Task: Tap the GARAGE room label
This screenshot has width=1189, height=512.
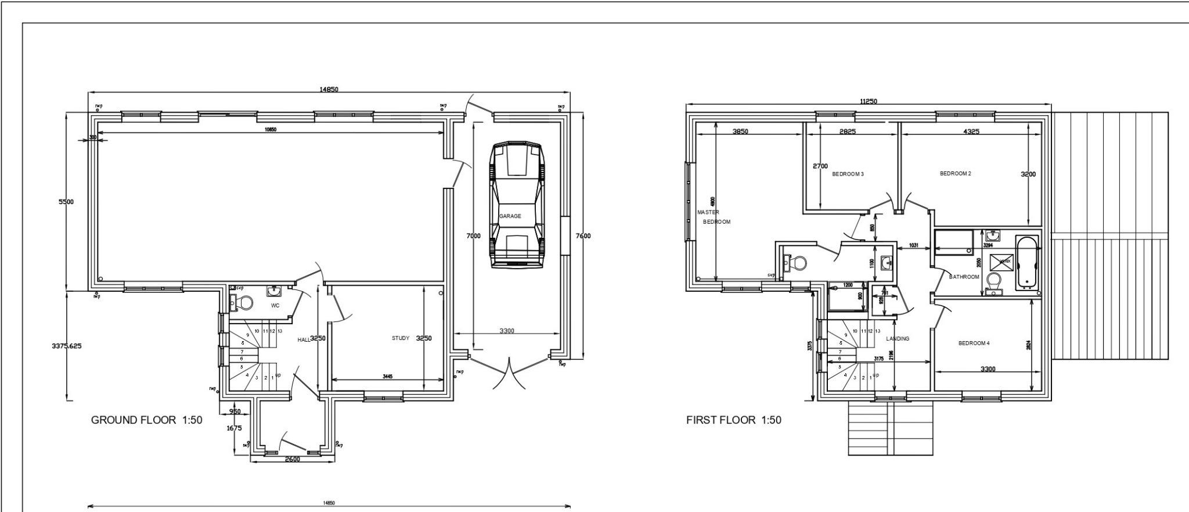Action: [x=510, y=216]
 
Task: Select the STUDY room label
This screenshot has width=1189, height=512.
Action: [x=401, y=338]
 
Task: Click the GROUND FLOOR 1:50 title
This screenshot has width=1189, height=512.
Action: [x=147, y=420]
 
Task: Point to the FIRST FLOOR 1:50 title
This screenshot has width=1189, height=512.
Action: [x=734, y=420]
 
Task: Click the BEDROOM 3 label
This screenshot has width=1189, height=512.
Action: [x=848, y=174]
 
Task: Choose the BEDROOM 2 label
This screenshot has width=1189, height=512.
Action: [x=955, y=174]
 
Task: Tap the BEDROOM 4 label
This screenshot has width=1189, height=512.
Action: [x=974, y=343]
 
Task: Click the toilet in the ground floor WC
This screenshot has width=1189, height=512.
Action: [x=242, y=302]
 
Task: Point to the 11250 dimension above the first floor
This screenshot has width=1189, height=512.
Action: [x=869, y=101]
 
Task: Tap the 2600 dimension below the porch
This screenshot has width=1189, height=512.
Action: [x=292, y=460]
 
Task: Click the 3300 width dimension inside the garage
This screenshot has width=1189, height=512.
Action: [x=506, y=331]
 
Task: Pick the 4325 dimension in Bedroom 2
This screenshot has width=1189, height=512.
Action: [x=971, y=132]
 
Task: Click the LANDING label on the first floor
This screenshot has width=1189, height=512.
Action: [x=898, y=339]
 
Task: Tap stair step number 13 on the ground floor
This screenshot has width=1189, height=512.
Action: [x=280, y=331]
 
